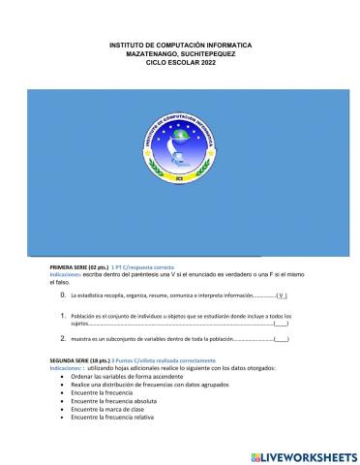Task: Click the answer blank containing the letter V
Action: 282,294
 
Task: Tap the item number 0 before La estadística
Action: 63,294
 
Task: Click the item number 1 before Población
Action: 63,316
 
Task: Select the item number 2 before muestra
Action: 63,338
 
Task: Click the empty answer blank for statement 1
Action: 281,325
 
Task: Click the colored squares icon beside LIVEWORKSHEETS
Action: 255,455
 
